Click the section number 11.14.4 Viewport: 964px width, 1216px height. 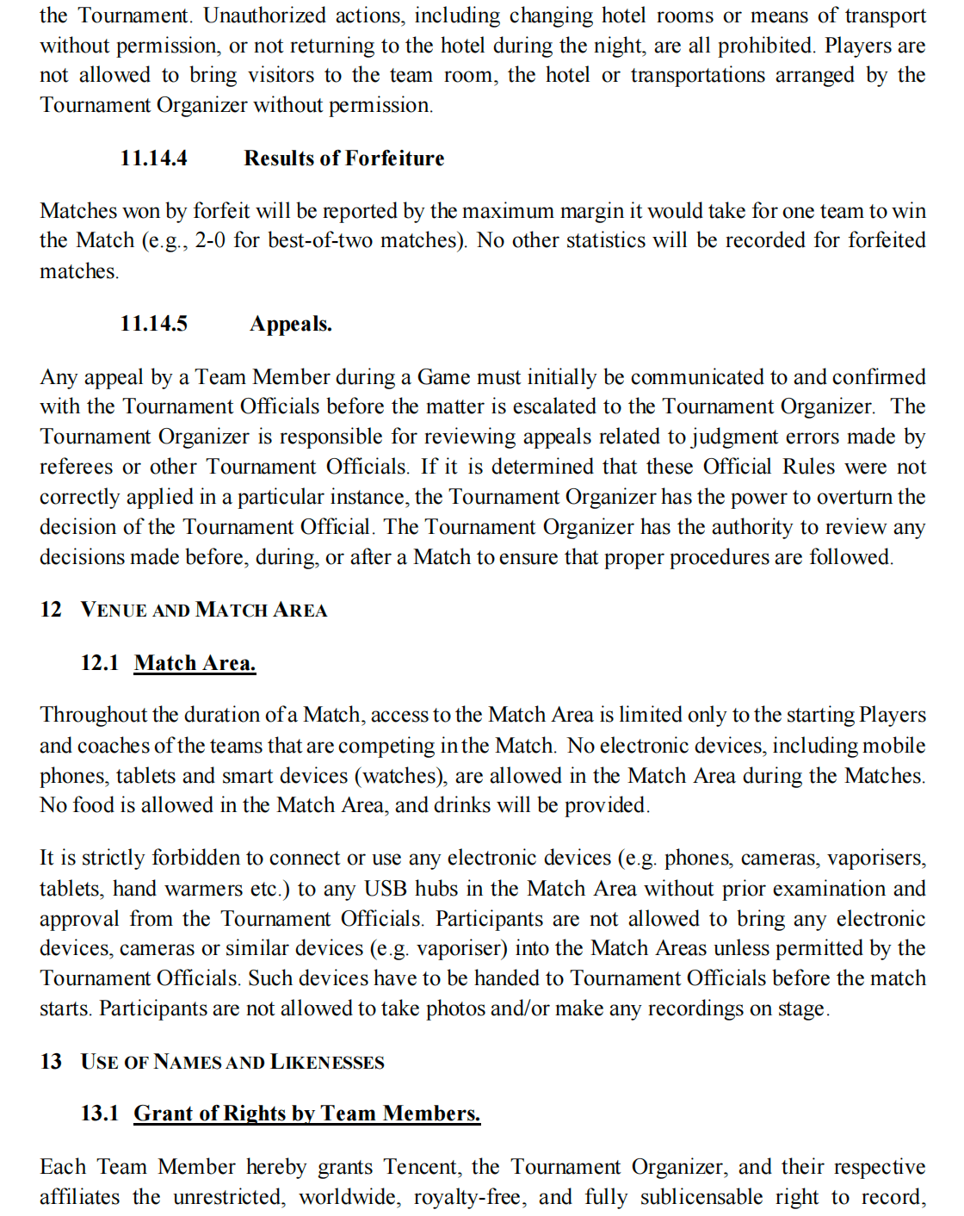[x=153, y=158]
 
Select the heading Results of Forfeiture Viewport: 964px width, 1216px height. [x=343, y=158]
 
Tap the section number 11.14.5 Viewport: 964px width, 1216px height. [x=153, y=324]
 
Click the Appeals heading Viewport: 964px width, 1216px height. [x=290, y=324]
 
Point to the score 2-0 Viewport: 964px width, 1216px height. [x=210, y=240]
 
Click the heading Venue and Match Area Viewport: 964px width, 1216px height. [x=204, y=610]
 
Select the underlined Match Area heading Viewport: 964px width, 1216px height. [x=195, y=663]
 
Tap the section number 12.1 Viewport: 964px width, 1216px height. [x=99, y=663]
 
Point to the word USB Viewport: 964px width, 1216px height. [x=385, y=889]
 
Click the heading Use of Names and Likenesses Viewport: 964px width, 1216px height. [x=232, y=1062]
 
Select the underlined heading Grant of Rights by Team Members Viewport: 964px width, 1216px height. [x=306, y=1114]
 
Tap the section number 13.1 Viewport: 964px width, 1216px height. [x=99, y=1114]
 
